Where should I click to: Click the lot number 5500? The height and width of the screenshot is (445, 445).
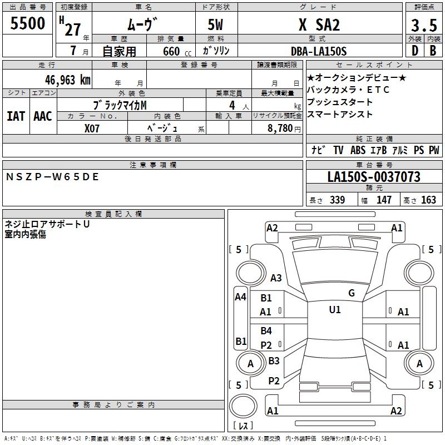click(27, 23)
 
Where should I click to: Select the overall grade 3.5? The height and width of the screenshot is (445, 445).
click(424, 25)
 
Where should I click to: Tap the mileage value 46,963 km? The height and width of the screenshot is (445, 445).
click(68, 80)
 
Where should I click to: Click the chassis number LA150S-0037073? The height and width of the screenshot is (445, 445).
click(374, 177)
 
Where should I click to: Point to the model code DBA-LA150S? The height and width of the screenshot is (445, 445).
click(319, 51)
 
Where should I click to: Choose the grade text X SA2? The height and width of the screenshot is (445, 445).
click(319, 24)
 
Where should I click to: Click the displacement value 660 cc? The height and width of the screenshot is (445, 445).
click(177, 52)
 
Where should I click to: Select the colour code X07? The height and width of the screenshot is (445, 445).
click(92, 128)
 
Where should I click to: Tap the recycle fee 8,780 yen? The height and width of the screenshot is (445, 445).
click(284, 128)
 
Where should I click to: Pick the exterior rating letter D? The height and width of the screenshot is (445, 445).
click(415, 51)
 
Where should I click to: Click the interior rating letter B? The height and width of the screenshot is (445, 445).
click(433, 51)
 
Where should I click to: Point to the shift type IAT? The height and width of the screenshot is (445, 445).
click(16, 116)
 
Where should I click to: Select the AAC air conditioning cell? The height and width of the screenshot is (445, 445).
click(43, 116)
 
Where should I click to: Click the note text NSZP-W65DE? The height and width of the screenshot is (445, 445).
click(52, 177)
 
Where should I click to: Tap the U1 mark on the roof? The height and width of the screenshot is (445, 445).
click(335, 310)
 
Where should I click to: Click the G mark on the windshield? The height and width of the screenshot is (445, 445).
click(352, 293)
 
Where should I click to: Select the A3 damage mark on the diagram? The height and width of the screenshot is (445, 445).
click(276, 278)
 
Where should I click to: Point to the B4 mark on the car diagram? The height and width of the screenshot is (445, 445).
click(266, 330)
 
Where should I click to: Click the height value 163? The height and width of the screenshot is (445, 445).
click(428, 200)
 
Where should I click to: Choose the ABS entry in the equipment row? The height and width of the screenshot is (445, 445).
click(358, 150)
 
